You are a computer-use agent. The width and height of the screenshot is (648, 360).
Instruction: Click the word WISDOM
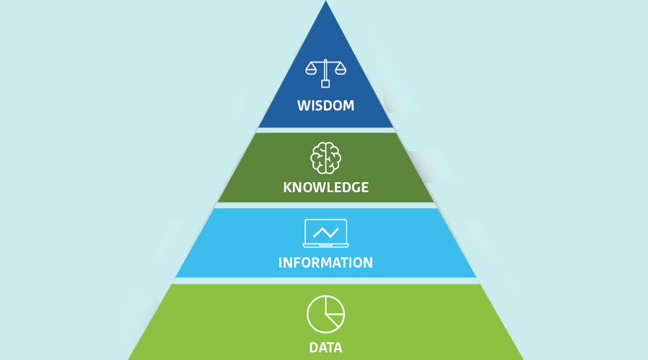(325, 105)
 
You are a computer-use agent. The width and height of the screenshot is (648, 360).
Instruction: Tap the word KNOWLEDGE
(325, 187)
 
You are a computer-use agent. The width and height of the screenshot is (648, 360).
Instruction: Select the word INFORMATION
(325, 263)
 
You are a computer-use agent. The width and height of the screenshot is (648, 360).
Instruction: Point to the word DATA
(325, 347)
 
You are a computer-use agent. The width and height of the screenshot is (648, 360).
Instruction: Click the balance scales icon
(325, 73)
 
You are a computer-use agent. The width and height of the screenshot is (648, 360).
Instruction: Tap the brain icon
(325, 158)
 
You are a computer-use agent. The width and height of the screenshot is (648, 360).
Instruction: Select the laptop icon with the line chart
(325, 233)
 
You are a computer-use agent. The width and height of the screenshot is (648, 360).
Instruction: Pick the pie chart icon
(325, 314)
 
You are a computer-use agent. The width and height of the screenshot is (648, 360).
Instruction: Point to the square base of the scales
(325, 84)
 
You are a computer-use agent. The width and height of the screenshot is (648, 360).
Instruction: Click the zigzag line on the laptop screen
(325, 233)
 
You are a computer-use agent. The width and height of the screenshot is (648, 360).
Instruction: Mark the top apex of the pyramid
(325, 1)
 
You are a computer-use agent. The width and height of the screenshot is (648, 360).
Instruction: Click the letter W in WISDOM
(304, 105)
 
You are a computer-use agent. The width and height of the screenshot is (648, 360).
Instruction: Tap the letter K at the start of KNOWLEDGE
(287, 187)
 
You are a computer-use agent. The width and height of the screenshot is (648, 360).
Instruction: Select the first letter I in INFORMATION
(280, 263)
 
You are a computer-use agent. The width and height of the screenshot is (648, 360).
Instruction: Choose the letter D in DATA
(314, 347)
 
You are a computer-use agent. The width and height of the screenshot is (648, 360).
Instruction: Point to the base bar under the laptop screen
(325, 246)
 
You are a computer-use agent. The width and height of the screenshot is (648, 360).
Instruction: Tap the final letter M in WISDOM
(348, 105)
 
